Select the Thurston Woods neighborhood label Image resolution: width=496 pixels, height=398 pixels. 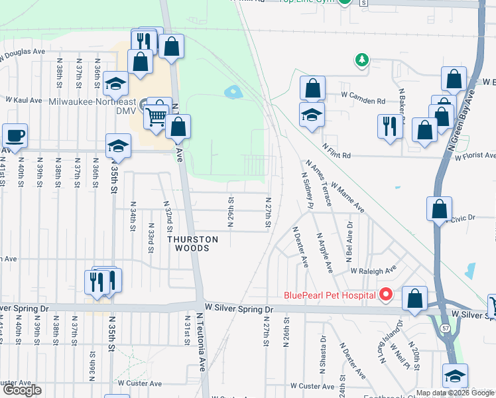click(192, 243)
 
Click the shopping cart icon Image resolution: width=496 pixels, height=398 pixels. click(156, 117)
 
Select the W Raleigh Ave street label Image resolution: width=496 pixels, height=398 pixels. click(373, 271)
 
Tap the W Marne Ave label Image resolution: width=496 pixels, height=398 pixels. click(347, 198)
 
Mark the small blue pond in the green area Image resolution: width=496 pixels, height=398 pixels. click(233, 92)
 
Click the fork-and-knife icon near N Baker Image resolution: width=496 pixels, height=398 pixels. click(389, 125)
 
